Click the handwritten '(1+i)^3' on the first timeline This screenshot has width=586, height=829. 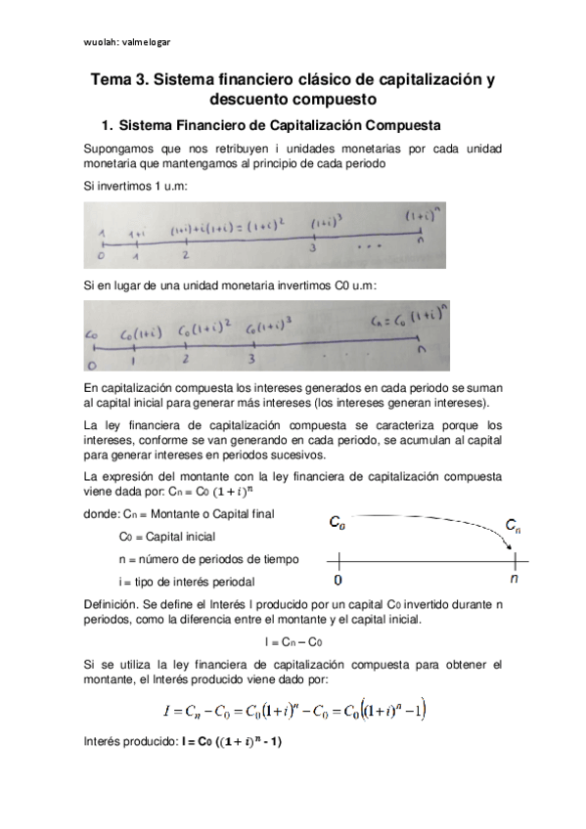tap(322, 225)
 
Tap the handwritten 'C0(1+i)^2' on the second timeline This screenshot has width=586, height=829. tap(205, 327)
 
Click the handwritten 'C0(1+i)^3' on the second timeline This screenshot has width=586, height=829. tap(270, 327)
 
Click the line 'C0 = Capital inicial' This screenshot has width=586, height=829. tap(166, 536)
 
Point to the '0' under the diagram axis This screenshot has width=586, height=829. tap(338, 579)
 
